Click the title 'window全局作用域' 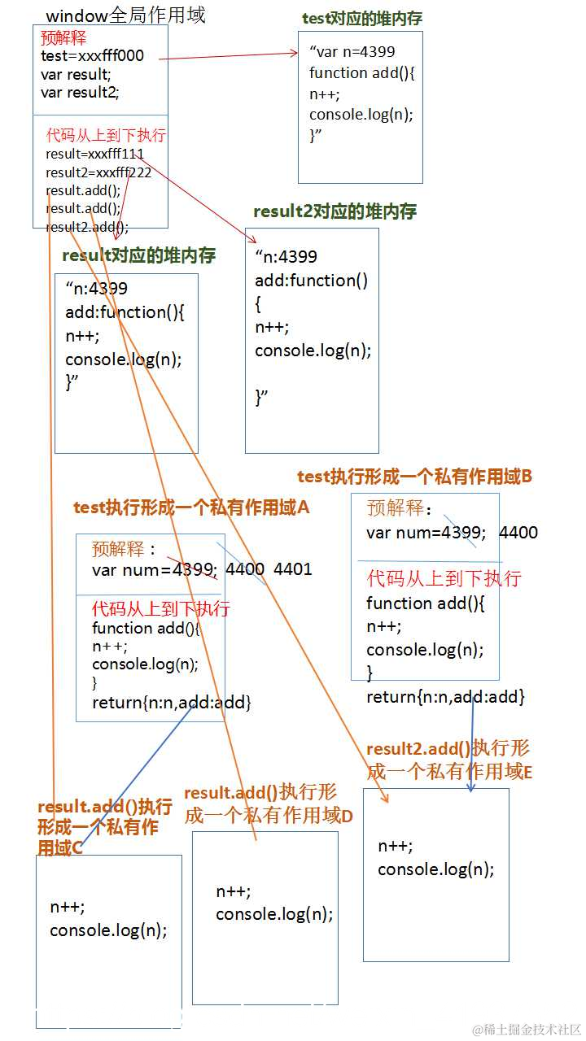[125, 15]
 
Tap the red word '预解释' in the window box [63, 38]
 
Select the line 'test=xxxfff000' [92, 56]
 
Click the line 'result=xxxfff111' [94, 154]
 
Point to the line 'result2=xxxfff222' [98, 172]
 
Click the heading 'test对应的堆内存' [361, 19]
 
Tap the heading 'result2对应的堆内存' [335, 211]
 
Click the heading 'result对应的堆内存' [138, 255]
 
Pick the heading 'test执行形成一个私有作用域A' [191, 507]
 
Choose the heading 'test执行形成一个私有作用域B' [414, 477]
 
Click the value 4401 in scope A [293, 569]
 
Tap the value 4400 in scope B [518, 533]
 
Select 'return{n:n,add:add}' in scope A [171, 703]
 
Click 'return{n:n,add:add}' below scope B [445, 697]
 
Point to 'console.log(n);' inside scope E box [435, 869]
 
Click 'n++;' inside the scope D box [234, 891]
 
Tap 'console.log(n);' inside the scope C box [108, 930]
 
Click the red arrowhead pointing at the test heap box [296, 54]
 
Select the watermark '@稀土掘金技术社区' [527, 1030]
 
